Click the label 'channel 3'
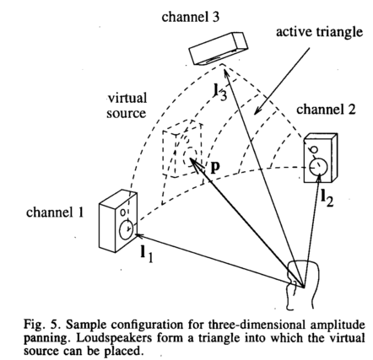point(191,17)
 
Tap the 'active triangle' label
point(319,32)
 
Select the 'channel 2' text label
point(326,109)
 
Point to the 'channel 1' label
point(55,212)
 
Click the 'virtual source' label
point(127,105)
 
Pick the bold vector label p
point(215,168)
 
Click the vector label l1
point(147,254)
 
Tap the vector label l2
point(327,198)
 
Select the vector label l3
point(220,92)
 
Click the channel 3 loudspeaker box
point(219,48)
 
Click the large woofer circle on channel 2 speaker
point(318,166)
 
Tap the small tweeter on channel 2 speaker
point(313,149)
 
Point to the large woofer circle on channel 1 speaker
point(127,230)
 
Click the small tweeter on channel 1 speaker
point(122,212)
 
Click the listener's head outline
point(303,284)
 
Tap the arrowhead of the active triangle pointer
point(256,112)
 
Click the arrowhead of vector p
point(192,161)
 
